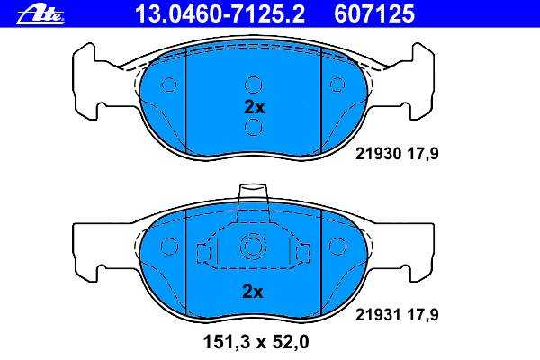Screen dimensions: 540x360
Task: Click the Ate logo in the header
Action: click(40, 15)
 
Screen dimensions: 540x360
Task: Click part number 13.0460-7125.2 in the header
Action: click(220, 13)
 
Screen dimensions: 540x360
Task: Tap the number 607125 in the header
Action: click(374, 13)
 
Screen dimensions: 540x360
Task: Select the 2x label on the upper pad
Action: click(254, 108)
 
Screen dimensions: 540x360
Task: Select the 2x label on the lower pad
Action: click(253, 292)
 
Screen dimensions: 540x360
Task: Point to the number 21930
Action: click(379, 153)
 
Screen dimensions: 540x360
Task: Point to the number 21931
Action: click(379, 314)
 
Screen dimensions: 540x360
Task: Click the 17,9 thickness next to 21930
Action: click(423, 154)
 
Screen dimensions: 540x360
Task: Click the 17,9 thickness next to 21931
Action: click(423, 314)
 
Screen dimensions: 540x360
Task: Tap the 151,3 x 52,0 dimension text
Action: click(256, 342)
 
